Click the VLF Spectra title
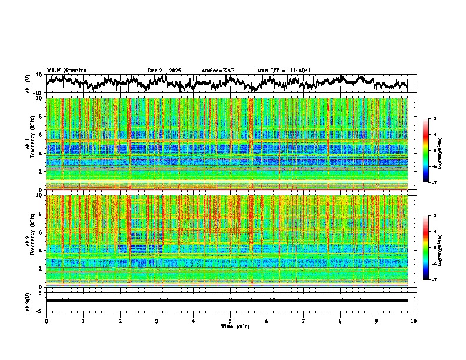66,70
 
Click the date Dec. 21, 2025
164,71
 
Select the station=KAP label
218,71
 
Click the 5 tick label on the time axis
230,321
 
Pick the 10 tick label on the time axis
414,321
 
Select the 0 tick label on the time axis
46,321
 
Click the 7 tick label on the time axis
304,321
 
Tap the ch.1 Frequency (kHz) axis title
30,143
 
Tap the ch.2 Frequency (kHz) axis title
30,240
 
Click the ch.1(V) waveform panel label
28,84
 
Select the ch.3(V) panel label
28,300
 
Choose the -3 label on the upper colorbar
434,119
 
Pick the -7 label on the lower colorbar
434,281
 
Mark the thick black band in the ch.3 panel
227,301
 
